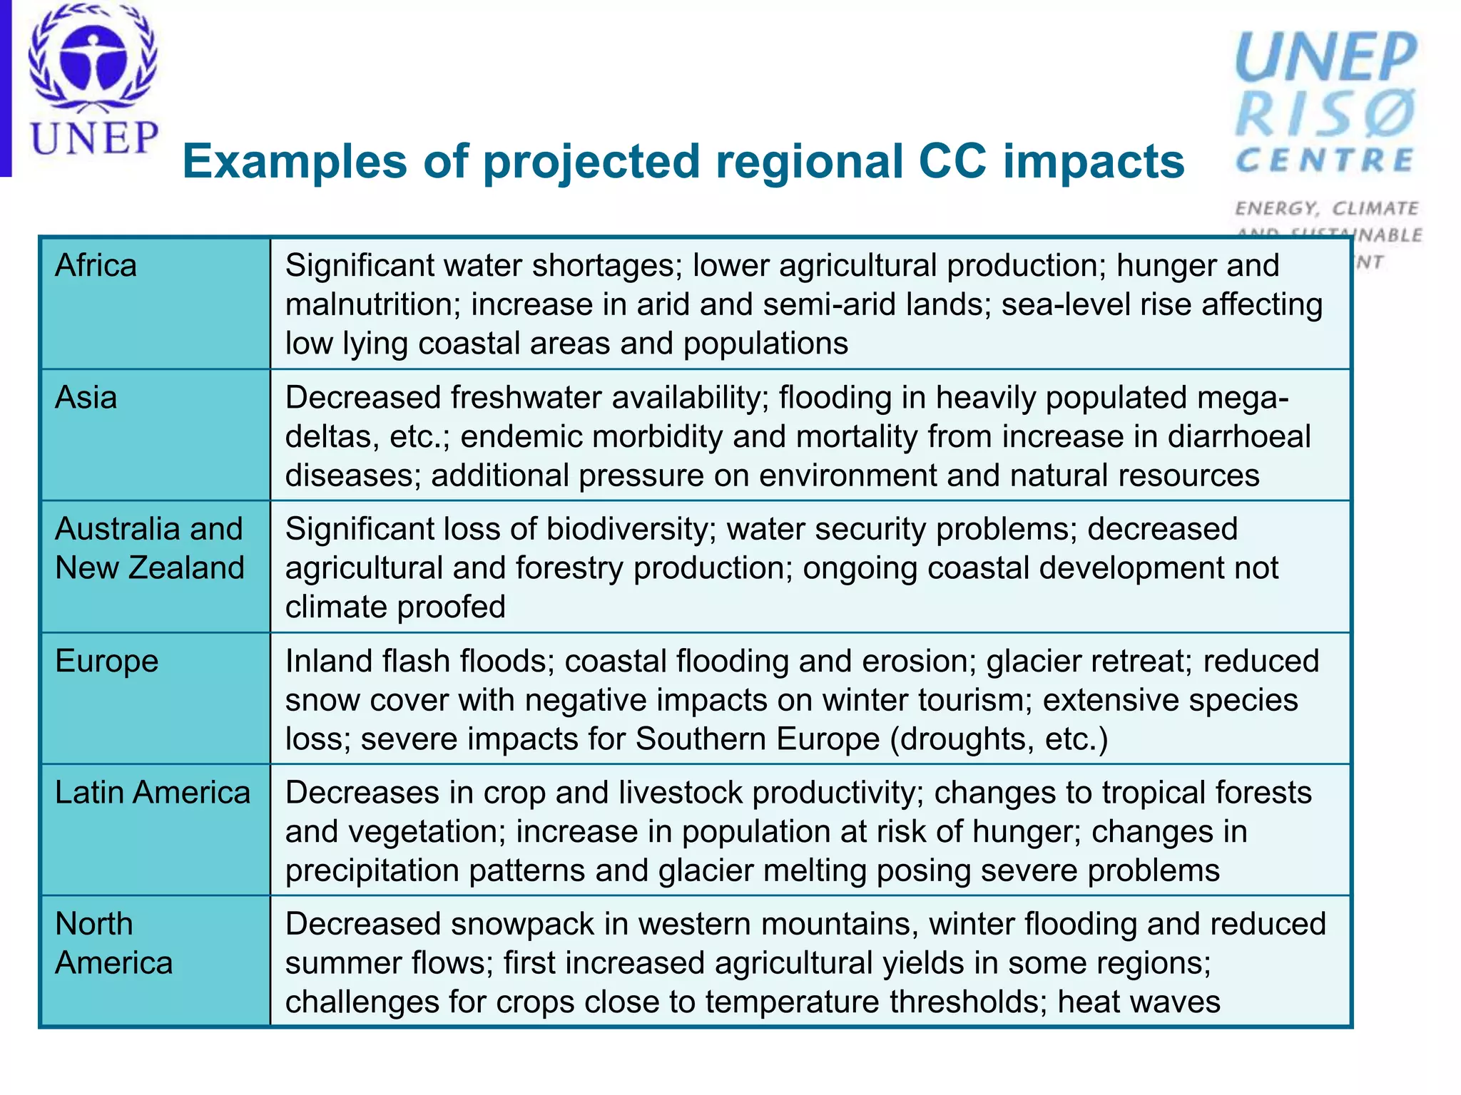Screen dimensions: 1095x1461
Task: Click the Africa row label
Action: click(x=96, y=266)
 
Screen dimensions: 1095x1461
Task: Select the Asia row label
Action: click(x=86, y=398)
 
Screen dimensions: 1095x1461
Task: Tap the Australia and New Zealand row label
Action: click(x=149, y=548)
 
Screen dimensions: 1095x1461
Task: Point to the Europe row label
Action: click(x=106, y=662)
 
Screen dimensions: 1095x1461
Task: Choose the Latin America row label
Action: click(x=153, y=793)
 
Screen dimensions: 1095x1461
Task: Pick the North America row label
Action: click(x=113, y=943)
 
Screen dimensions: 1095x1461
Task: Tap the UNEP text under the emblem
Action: click(x=94, y=138)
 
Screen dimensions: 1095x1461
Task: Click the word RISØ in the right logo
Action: click(x=1325, y=114)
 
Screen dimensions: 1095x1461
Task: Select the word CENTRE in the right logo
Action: click(x=1325, y=160)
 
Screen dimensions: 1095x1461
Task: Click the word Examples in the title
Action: click(x=294, y=162)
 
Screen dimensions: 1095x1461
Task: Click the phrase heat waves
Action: click(x=1139, y=1002)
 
